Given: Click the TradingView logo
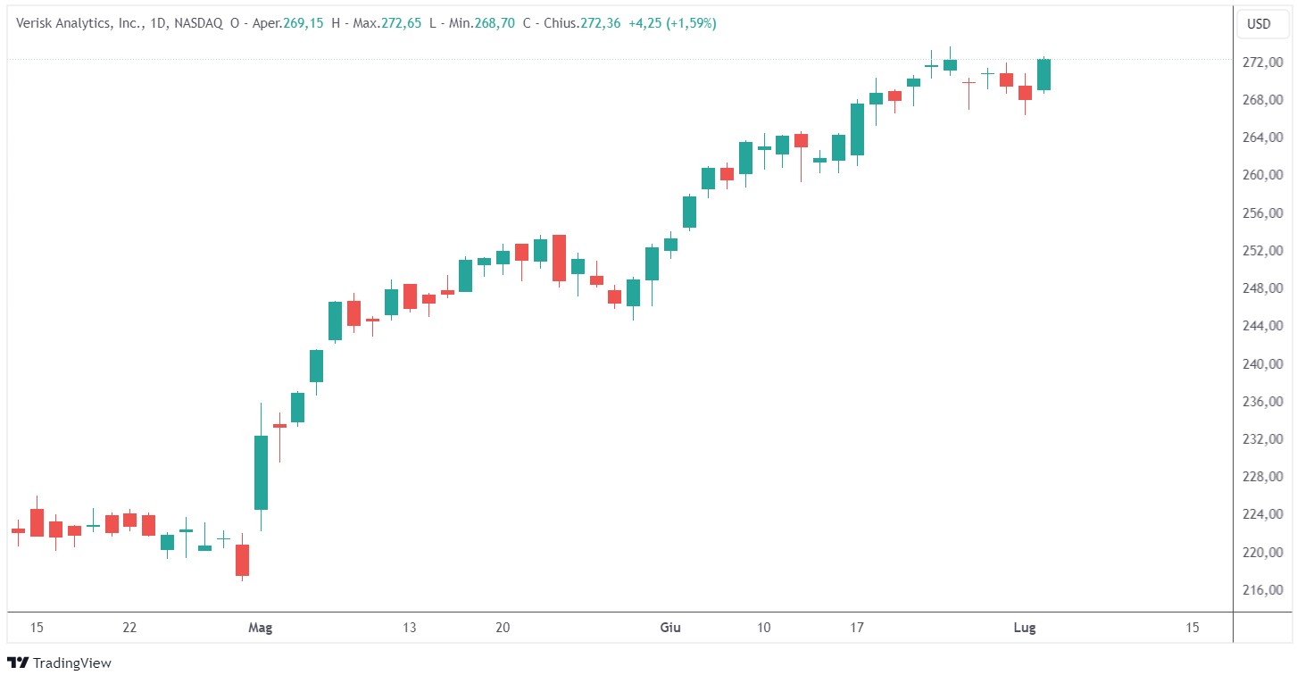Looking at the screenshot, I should (x=59, y=662).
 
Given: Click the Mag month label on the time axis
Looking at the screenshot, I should (x=260, y=628).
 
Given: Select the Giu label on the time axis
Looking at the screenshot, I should (x=669, y=628).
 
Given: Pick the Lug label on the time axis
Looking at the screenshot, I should (x=1025, y=628).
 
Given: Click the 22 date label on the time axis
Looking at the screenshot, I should (x=129, y=628).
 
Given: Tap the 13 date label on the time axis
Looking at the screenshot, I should (x=410, y=628).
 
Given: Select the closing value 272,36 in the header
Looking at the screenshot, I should (x=600, y=24).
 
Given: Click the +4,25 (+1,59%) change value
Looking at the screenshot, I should (x=672, y=24).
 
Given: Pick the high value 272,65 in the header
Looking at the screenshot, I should (x=400, y=24).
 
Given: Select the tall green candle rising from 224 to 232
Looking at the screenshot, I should (x=261, y=472).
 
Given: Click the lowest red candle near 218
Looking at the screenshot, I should (x=242, y=560).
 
